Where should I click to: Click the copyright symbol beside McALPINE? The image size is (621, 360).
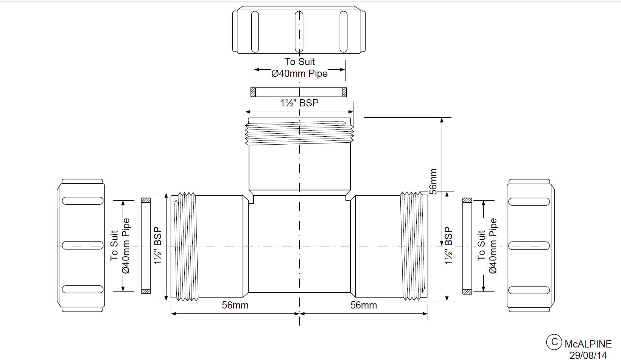tap(554, 342)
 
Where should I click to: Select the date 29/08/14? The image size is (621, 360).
tap(588, 355)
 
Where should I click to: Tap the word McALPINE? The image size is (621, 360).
tap(588, 344)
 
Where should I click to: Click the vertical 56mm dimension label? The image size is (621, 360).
tap(433, 181)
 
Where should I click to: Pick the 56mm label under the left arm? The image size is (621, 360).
tap(235, 305)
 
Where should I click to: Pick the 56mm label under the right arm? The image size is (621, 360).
tap(363, 305)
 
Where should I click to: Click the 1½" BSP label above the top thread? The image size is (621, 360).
tap(299, 103)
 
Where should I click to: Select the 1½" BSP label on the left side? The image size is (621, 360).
tap(157, 245)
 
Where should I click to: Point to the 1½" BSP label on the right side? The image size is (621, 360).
tap(448, 245)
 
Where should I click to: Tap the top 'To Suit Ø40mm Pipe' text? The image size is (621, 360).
tap(299, 67)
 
